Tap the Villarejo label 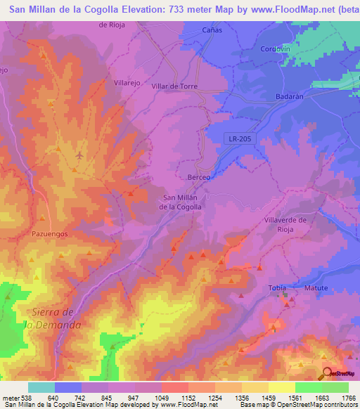tap(128, 82)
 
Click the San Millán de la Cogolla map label tap(180, 202)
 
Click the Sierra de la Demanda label tap(53, 318)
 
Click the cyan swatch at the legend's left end tap(41, 387)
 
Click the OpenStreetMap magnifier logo tap(327, 374)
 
